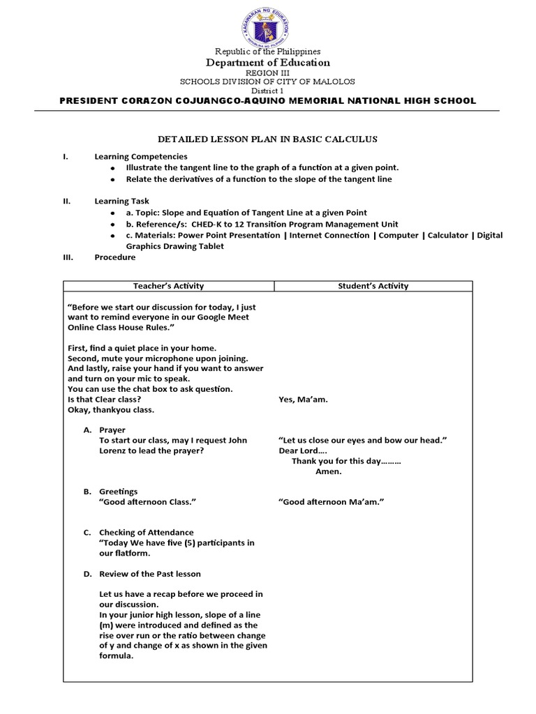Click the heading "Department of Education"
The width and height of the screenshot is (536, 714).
(268, 63)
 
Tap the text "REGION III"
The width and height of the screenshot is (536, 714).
(268, 73)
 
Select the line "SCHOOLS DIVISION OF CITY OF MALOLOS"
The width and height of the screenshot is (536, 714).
(268, 82)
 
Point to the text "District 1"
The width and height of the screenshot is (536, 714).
(268, 91)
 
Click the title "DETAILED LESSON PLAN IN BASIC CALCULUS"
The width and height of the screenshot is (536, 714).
(267, 139)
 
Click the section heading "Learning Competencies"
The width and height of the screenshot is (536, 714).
(141, 157)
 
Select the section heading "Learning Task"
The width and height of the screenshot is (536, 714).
(122, 202)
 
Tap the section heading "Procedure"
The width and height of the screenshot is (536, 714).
(115, 257)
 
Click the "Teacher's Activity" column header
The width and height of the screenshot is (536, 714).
(168, 286)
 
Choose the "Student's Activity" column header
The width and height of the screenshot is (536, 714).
(373, 286)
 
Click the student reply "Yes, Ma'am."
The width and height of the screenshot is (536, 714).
(303, 400)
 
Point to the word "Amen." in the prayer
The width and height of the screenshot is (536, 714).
(329, 471)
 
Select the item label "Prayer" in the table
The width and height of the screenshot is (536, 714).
(112, 430)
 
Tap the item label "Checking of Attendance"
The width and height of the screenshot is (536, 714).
(147, 533)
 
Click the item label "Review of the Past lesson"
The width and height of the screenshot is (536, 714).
(150, 574)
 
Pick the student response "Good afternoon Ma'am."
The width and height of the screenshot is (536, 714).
(332, 502)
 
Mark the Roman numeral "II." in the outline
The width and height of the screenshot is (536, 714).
(67, 202)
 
